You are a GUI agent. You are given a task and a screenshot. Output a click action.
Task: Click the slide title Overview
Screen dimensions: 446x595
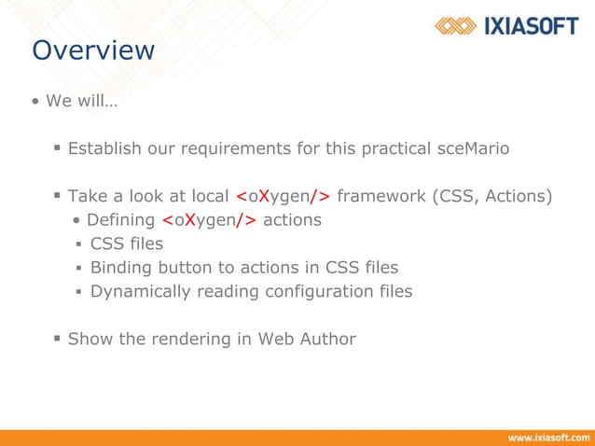click(x=93, y=49)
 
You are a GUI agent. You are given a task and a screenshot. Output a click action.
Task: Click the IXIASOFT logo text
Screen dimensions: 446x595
click(x=530, y=26)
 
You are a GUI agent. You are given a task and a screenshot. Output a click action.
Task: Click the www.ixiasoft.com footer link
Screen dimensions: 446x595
click(x=547, y=437)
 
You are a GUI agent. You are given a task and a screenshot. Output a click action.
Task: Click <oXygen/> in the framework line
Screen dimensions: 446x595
click(x=283, y=196)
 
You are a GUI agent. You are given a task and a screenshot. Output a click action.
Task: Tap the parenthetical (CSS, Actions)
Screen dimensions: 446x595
click(x=492, y=196)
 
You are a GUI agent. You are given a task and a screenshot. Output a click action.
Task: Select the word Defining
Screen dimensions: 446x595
click(x=120, y=220)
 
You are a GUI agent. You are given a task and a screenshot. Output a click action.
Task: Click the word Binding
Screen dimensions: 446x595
click(x=121, y=268)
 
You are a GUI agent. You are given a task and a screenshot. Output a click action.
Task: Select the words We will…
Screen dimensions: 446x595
click(x=81, y=101)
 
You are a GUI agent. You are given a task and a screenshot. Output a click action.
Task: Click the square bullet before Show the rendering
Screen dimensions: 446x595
click(x=58, y=339)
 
